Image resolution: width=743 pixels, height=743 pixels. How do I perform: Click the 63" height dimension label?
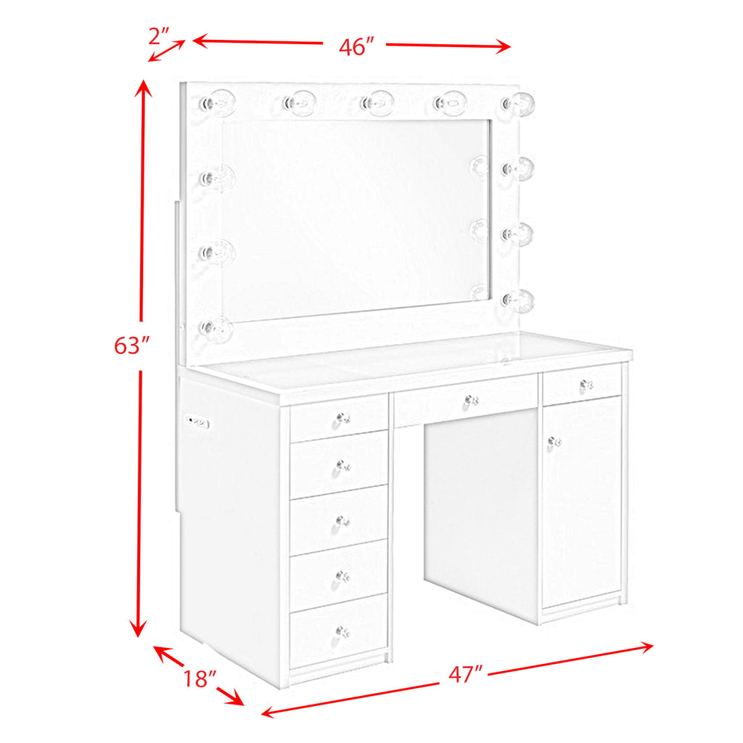131,346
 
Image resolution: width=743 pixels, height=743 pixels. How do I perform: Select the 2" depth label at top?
158,33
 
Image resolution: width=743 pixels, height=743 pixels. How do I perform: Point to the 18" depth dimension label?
200,679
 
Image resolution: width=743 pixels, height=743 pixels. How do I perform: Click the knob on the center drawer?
472,400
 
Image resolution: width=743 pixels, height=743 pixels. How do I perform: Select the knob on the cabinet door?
555,440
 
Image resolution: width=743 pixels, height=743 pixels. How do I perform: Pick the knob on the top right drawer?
586,384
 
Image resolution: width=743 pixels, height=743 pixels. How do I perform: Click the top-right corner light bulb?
520,104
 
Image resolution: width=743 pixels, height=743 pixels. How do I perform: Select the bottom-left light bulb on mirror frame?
215,329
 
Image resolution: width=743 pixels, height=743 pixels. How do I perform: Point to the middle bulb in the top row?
378,102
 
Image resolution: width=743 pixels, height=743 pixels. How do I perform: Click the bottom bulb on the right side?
519,299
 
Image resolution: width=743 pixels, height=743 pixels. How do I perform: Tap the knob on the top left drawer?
342,419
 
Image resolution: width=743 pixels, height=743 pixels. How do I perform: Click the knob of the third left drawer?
342,521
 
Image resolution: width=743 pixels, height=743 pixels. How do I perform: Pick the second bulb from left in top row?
297,102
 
